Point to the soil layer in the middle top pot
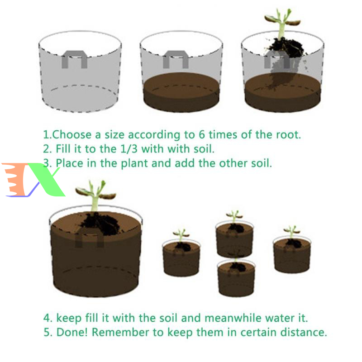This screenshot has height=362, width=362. (181, 92)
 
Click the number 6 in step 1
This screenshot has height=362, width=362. (202, 134)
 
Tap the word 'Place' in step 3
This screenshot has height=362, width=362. (69, 163)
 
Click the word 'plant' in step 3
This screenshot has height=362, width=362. (134, 164)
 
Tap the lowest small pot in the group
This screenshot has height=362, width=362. (236, 277)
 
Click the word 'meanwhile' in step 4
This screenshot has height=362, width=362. (233, 318)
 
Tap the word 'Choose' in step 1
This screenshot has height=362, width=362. (72, 134)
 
